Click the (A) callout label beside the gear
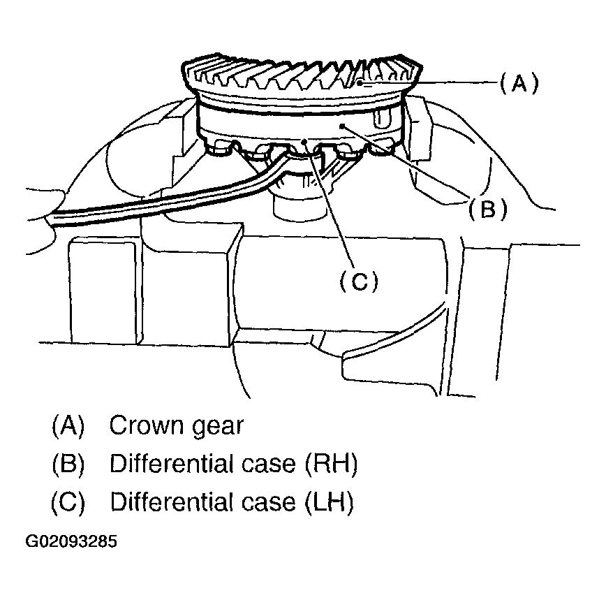pos(519,84)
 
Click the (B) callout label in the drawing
pos(487,208)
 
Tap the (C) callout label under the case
pos(358,281)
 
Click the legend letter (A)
pos(68,425)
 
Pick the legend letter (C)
pos(68,502)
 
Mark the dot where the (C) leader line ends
pos(305,142)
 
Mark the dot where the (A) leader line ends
pos(359,82)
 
